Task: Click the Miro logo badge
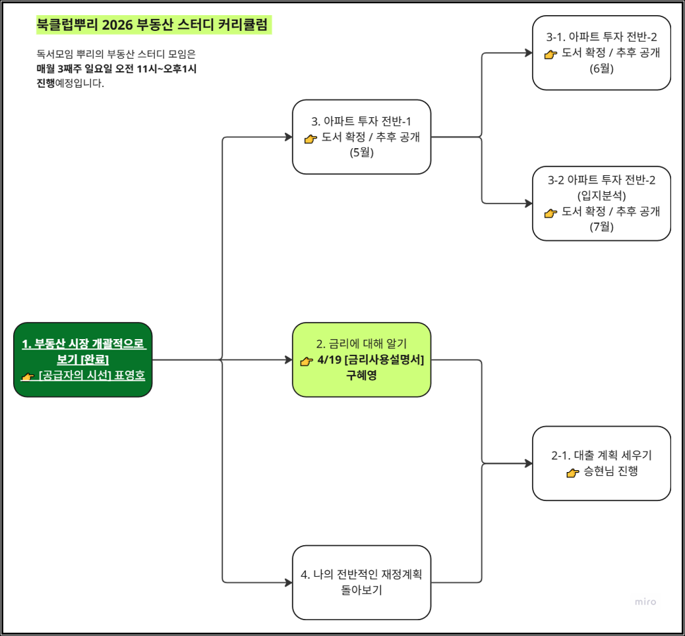click(645, 602)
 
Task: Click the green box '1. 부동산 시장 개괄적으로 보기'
click(83, 359)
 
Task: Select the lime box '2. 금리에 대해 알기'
click(361, 359)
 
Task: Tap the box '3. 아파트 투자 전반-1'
click(361, 137)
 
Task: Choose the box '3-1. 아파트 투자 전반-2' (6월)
click(601, 53)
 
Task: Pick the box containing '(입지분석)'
click(601, 203)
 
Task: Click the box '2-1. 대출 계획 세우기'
click(601, 463)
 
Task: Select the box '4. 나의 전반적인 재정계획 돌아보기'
click(361, 582)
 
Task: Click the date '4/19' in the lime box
click(328, 360)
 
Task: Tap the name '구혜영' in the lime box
click(361, 376)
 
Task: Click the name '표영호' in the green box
click(130, 377)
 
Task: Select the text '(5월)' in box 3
click(361, 153)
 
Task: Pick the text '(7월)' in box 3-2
click(601, 227)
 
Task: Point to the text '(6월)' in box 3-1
click(601, 68)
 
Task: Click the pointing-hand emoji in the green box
click(27, 377)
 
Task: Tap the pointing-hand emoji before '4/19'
click(306, 361)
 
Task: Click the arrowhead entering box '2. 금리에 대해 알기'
click(287, 360)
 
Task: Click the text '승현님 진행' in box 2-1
click(611, 471)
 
